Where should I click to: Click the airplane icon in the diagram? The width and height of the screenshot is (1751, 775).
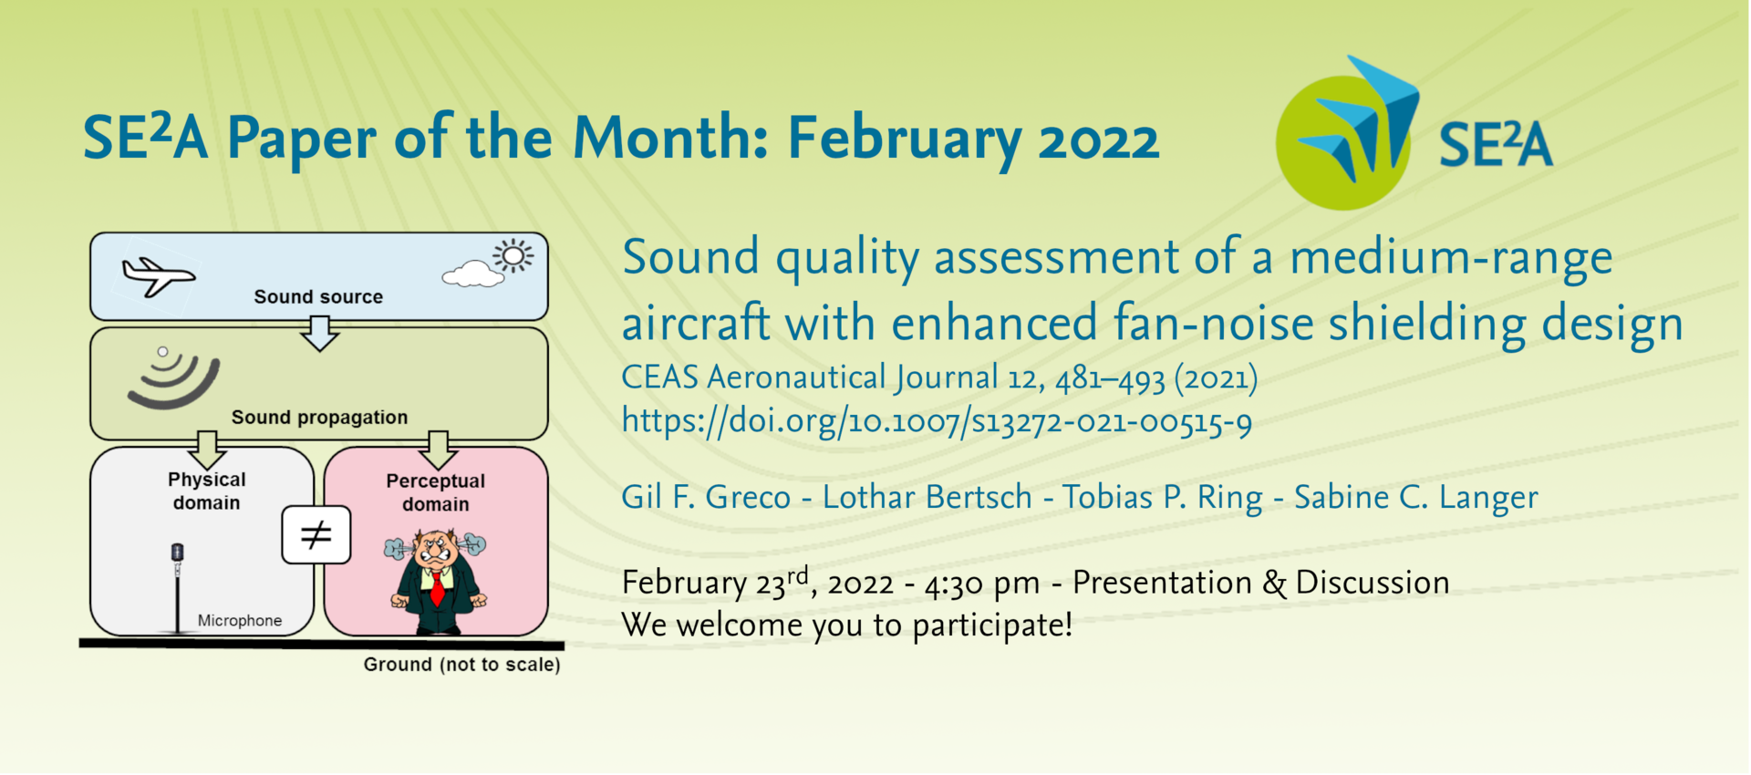click(158, 275)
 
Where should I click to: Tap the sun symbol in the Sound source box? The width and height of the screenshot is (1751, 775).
click(513, 256)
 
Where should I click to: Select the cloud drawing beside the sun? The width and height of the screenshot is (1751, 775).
click(472, 274)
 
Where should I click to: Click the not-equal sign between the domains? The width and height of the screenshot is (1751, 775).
click(316, 535)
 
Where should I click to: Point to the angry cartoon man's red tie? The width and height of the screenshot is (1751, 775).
click(438, 586)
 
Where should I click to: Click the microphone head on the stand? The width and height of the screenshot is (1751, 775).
click(178, 553)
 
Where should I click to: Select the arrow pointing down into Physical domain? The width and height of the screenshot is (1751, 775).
click(207, 449)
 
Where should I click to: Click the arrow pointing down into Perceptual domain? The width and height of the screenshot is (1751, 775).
click(438, 449)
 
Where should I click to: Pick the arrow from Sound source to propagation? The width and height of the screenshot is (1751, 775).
click(319, 333)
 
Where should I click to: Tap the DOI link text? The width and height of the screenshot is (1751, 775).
click(937, 421)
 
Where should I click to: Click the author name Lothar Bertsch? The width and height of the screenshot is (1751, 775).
click(927, 497)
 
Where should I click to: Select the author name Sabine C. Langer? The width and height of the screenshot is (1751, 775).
click(1415, 498)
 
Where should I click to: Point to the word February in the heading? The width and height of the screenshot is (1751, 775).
click(905, 139)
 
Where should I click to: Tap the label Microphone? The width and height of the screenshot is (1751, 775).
click(240, 621)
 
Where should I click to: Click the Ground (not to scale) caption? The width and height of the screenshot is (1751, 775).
click(462, 665)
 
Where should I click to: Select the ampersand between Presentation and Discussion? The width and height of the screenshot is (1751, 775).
click(1274, 583)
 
